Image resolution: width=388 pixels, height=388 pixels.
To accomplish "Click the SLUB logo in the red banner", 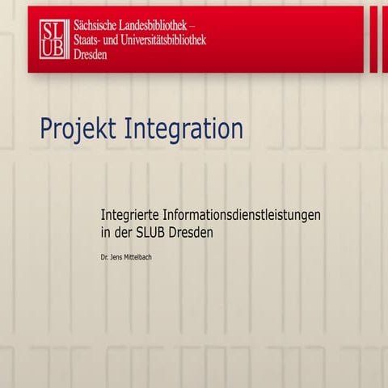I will coord(53,37).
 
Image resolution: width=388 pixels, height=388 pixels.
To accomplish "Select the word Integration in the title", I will coord(183,129).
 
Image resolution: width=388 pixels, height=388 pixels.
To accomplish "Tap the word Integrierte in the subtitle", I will coord(133,216).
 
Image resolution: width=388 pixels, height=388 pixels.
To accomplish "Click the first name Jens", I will coord(118,259).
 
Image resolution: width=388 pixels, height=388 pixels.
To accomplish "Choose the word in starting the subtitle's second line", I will coord(106,233).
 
